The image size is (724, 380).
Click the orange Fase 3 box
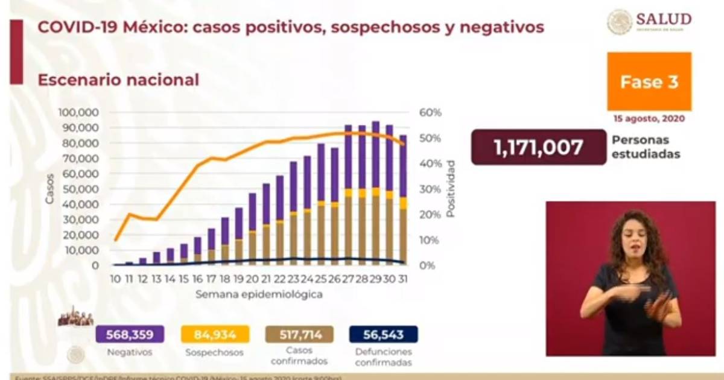pos(649,81)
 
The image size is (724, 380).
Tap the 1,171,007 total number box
pos(538,147)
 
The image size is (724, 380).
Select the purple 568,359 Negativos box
pos(125,334)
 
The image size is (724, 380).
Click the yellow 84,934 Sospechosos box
pos(215,334)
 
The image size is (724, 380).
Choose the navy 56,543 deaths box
pos(384,334)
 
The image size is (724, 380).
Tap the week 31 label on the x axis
pos(402,279)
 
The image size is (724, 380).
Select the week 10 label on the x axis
pos(115,279)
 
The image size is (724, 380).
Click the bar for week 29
pos(375,193)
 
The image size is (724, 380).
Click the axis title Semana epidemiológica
pos(258,295)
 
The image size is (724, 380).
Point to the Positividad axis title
pos(450,189)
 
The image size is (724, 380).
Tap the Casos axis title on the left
pos(50,189)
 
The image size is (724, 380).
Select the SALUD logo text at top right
pos(664,19)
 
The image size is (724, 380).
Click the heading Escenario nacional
pos(118,80)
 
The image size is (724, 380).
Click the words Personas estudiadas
pos(646,147)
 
